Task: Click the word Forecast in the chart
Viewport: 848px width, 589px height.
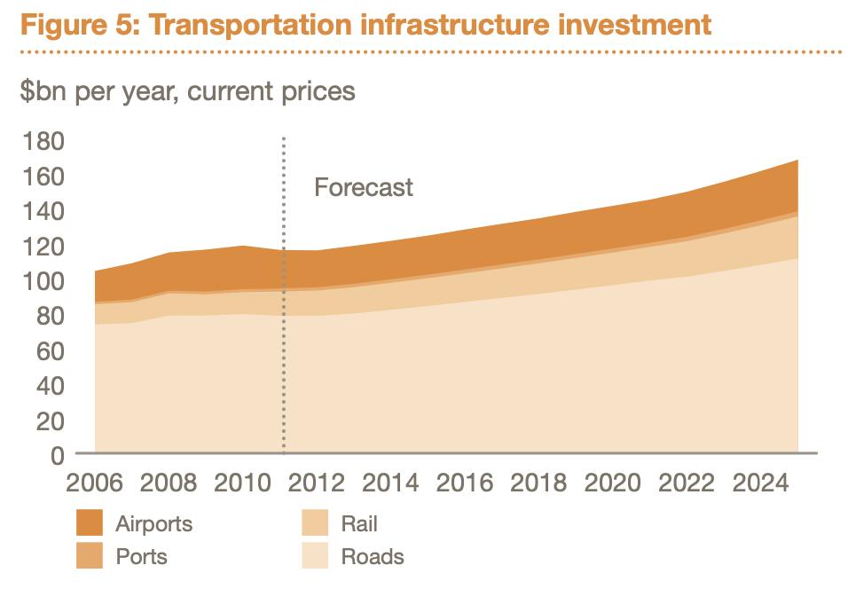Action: tap(364, 188)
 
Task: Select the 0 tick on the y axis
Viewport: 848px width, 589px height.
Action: tap(56, 455)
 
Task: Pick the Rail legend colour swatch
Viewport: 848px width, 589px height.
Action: tap(316, 523)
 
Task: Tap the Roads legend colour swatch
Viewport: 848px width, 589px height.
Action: tap(316, 556)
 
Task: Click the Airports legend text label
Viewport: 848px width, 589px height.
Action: tap(153, 523)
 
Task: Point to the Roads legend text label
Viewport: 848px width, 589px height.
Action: tap(373, 556)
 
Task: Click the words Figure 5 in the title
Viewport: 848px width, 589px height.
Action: tap(78, 24)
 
